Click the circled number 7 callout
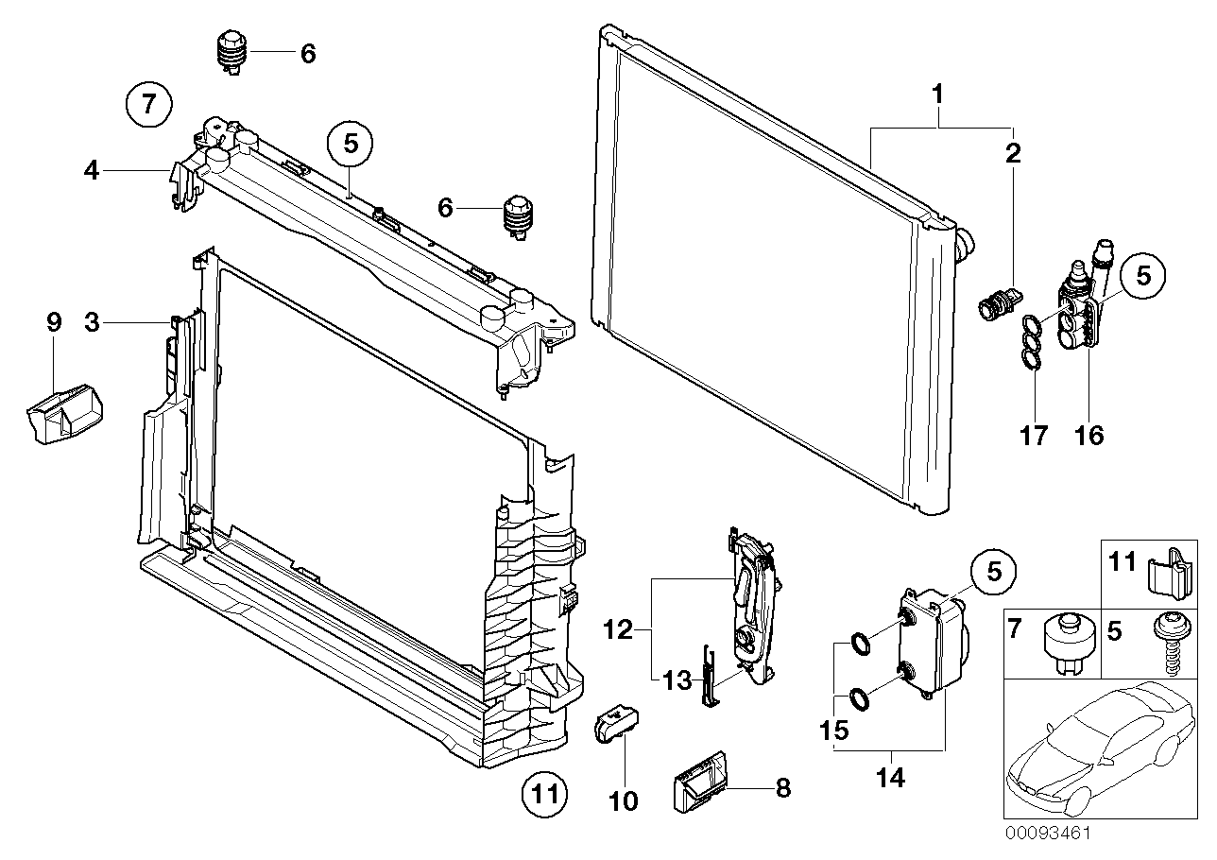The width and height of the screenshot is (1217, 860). (x=148, y=104)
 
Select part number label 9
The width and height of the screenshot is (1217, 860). (x=54, y=322)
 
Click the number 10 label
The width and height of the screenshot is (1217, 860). (x=624, y=801)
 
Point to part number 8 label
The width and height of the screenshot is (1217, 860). (x=782, y=788)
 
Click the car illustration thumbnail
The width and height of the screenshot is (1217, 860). (x=1091, y=752)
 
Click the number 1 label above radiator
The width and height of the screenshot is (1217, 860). (x=937, y=95)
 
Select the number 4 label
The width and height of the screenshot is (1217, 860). (x=91, y=171)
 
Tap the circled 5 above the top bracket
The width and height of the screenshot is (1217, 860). (x=351, y=145)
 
